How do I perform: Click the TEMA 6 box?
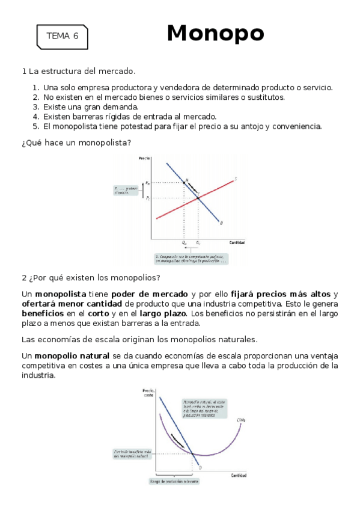click(x=62, y=36)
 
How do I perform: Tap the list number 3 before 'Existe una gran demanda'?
click(x=36, y=107)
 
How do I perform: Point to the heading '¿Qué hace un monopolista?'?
click(x=76, y=143)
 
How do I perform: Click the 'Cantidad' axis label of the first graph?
click(x=237, y=242)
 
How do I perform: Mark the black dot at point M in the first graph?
click(x=184, y=182)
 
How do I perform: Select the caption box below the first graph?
click(x=191, y=259)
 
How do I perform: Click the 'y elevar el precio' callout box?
click(x=126, y=190)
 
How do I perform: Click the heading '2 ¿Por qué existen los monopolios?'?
click(x=91, y=278)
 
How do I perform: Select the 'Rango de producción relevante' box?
click(x=173, y=481)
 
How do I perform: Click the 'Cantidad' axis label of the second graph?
click(x=239, y=476)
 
